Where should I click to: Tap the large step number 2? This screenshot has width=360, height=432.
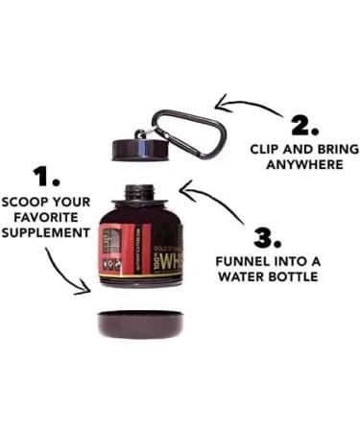click(x=304, y=126)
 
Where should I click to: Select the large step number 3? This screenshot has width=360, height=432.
click(x=270, y=236)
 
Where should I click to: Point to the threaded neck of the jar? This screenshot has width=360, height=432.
click(x=140, y=192)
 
